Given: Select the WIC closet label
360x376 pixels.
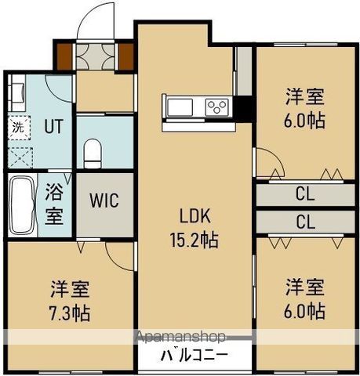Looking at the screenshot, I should pyautogui.click(x=103, y=201).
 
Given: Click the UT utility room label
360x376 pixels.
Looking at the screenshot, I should pyautogui.click(x=53, y=125).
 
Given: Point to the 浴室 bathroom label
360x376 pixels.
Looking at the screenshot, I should pyautogui.click(x=54, y=204).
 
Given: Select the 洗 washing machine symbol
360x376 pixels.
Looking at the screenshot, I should pyautogui.click(x=16, y=125).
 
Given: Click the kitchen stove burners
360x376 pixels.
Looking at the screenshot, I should pyautogui.click(x=216, y=106).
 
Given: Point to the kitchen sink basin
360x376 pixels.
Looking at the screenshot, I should pyautogui.click(x=176, y=106).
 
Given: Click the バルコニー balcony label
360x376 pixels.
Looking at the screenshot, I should pyautogui.click(x=193, y=354).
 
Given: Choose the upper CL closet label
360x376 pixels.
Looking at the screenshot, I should pyautogui.click(x=304, y=192).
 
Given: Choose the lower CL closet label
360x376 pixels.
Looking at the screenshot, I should pyautogui.click(x=304, y=222).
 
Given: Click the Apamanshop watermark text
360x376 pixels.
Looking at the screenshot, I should pyautogui.click(x=182, y=337).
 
